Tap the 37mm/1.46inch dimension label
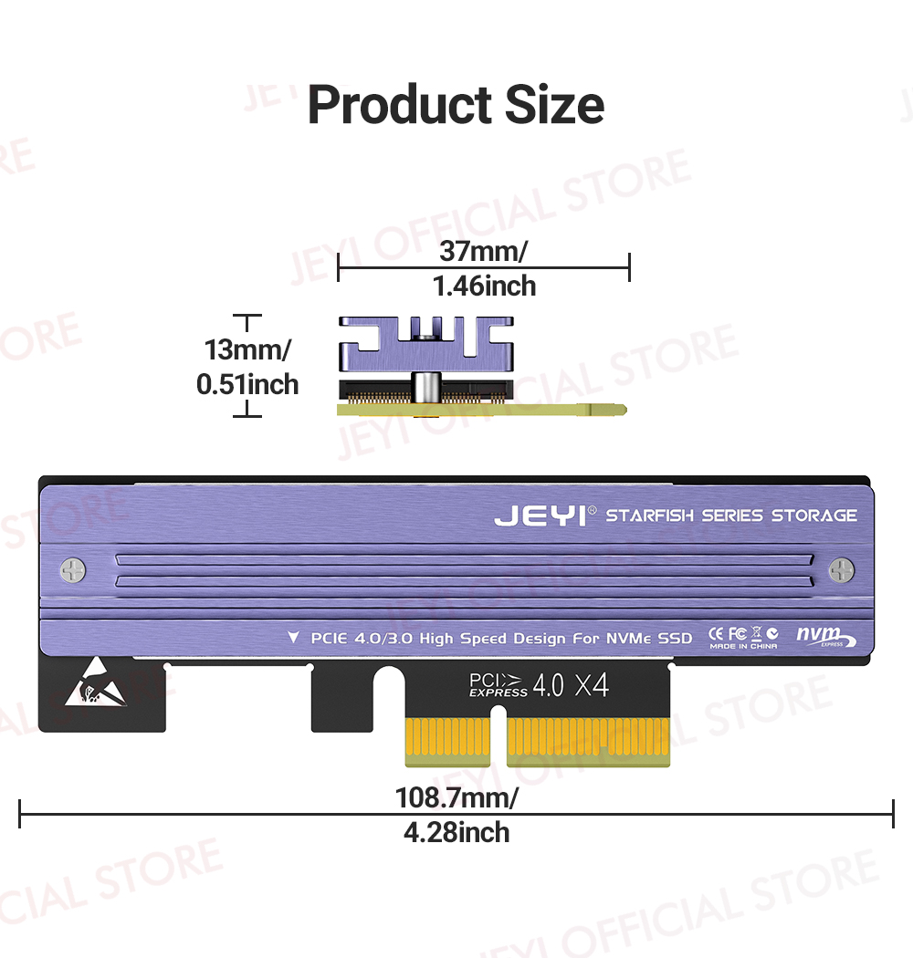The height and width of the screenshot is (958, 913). (484, 267)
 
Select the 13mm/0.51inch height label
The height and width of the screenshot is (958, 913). (247, 367)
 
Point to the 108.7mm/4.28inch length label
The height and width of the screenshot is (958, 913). (456, 815)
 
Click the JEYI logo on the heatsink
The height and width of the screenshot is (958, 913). (540, 516)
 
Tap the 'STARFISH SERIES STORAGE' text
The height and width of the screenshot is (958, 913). (731, 515)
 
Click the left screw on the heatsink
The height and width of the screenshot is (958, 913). (73, 571)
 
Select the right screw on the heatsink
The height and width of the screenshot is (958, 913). (841, 571)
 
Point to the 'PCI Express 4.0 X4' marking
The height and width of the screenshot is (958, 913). (538, 685)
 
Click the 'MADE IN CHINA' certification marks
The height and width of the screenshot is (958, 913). (744, 638)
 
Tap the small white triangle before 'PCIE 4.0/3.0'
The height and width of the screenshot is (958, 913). (293, 637)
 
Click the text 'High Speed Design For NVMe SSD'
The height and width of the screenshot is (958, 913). (556, 638)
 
